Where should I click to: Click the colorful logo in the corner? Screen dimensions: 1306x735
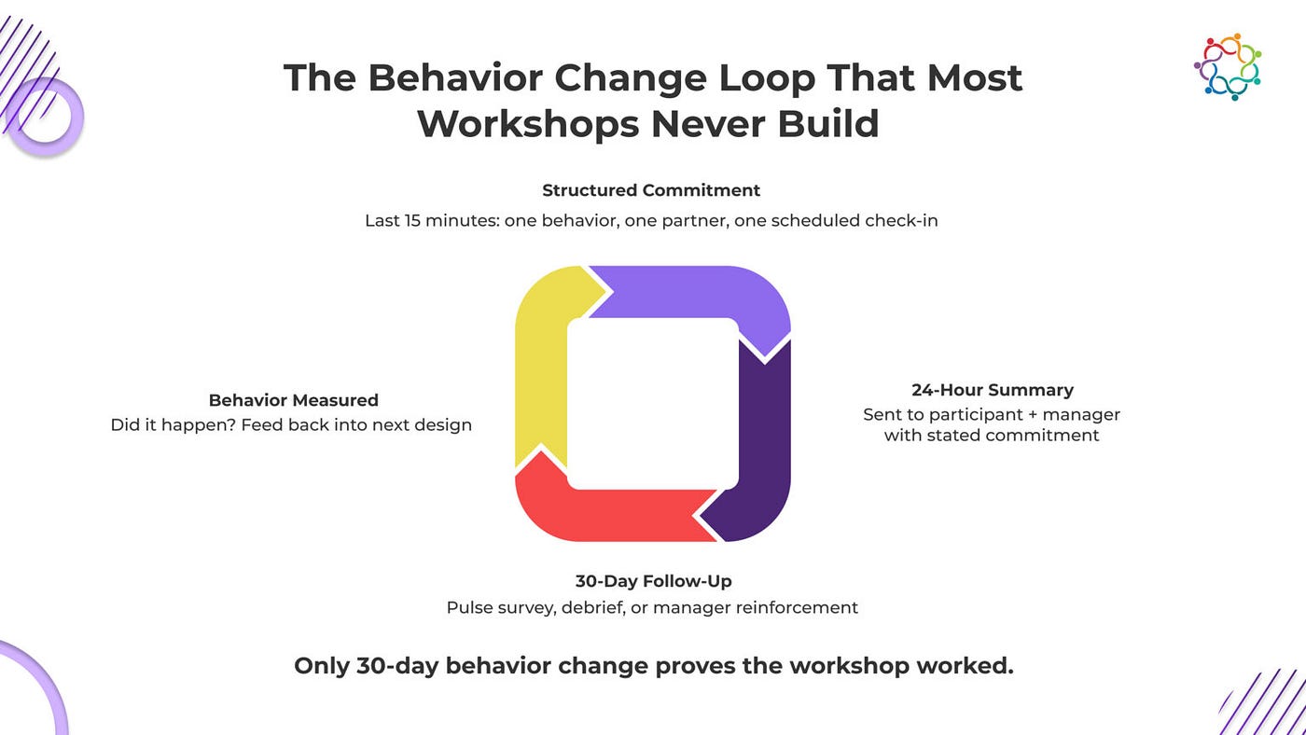[x=1228, y=67]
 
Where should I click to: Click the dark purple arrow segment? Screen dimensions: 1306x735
[x=765, y=443]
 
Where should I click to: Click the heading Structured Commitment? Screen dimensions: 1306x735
[x=651, y=190]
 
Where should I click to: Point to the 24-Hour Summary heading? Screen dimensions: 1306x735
[x=993, y=390]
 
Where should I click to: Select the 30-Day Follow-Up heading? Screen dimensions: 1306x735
[x=654, y=581]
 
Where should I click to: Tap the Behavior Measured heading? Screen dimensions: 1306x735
[x=293, y=400]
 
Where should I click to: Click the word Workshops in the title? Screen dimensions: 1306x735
[x=528, y=123]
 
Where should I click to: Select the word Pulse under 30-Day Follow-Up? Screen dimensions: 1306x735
[x=465, y=608]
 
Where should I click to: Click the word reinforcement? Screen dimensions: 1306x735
[x=797, y=608]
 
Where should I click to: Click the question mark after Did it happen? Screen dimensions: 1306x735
[x=231, y=425]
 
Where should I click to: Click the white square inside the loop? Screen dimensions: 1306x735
[x=653, y=404]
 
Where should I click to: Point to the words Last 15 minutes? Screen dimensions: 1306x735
[x=433, y=221]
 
